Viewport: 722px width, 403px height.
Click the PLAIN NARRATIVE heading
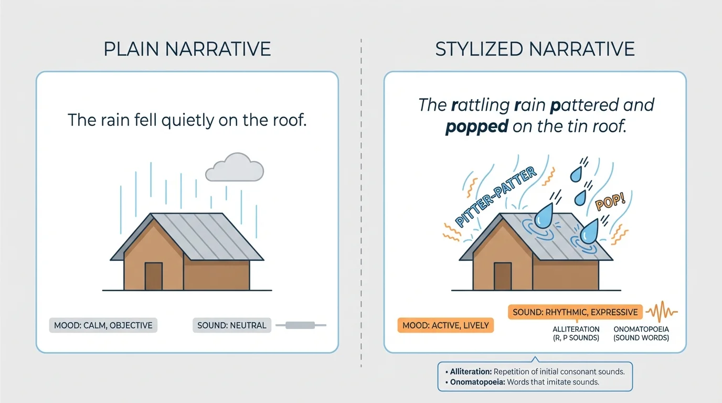click(x=187, y=49)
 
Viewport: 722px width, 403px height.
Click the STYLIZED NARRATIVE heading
click(x=535, y=49)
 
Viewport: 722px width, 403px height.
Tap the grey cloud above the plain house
click(x=235, y=167)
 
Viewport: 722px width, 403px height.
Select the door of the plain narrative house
click(x=153, y=277)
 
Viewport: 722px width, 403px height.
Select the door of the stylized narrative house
click(x=502, y=277)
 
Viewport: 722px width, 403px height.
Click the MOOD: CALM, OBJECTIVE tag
click(x=103, y=325)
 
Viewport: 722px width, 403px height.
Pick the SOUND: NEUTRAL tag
click(x=231, y=325)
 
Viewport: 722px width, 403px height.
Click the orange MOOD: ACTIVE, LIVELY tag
click(x=445, y=325)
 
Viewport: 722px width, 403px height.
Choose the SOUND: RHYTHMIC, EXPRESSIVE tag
click(x=575, y=312)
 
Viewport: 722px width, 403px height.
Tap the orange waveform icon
click(x=662, y=312)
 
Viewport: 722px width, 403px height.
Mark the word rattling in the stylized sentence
click(x=480, y=105)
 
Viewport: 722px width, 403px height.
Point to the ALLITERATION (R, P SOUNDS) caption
click(x=576, y=333)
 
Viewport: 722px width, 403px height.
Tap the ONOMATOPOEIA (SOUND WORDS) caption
click(x=641, y=333)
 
